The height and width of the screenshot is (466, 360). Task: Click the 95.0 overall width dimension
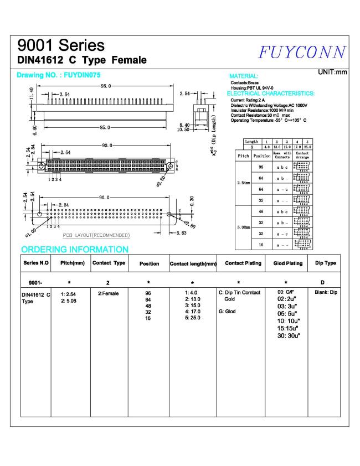[x=106, y=86]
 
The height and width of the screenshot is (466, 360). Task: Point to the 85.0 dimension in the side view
[x=106, y=127]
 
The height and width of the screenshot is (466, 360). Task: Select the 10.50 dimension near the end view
[x=183, y=130]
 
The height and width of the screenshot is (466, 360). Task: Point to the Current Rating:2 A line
[x=248, y=100]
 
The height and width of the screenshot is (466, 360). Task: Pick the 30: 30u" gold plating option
[x=288, y=335]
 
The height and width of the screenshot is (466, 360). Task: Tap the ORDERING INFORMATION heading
[x=74, y=250]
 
